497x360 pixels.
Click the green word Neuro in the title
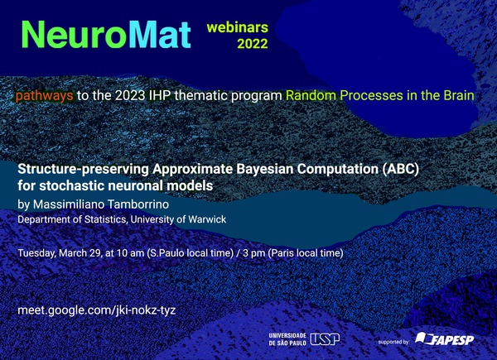tap(75, 35)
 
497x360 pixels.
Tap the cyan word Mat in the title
tap(160, 35)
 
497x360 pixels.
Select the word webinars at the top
tap(238, 27)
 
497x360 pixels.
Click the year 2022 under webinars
tap(253, 44)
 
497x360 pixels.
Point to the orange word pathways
tap(45, 96)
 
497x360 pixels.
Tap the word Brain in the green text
tap(459, 95)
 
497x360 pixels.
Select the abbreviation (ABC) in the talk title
tap(401, 169)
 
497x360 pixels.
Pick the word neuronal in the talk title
tap(137, 185)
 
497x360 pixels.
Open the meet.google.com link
tap(97, 310)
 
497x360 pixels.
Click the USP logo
tap(325, 339)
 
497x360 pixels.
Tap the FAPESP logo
tap(445, 338)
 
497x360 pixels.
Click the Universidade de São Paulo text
tap(287, 339)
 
